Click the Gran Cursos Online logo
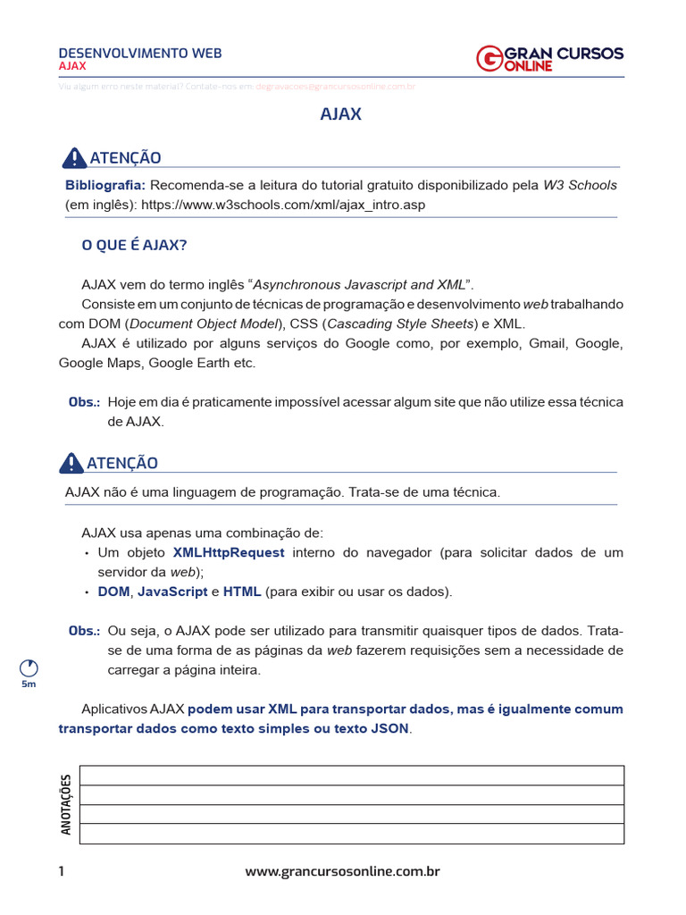(549, 58)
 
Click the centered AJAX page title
(341, 114)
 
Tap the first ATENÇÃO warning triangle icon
(74, 158)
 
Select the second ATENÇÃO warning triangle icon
(71, 463)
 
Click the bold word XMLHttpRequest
(229, 552)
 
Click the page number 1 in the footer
(62, 871)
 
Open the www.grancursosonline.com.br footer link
(342, 871)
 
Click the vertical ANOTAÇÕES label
(66, 804)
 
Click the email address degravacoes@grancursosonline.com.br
(335, 87)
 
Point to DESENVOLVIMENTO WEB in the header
(140, 53)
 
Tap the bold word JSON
(389, 728)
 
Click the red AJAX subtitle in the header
(72, 66)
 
